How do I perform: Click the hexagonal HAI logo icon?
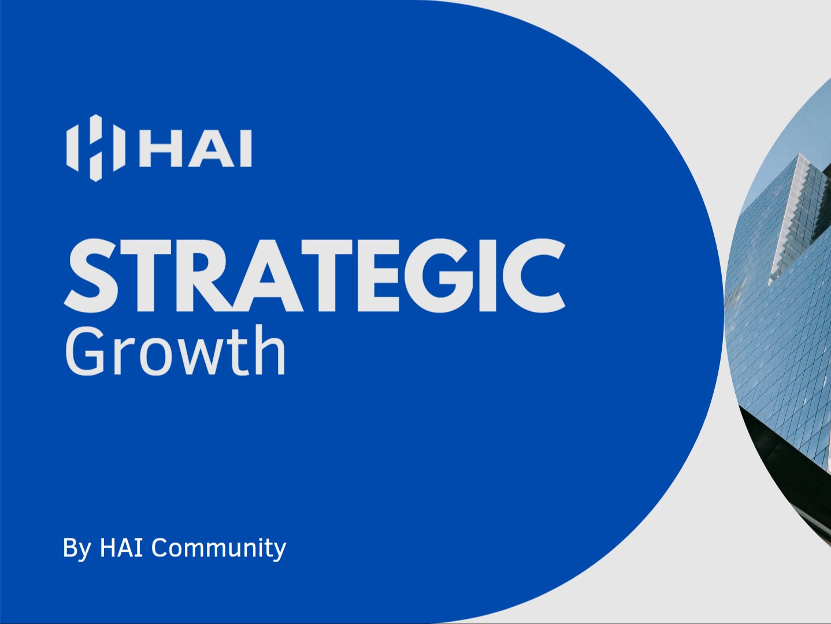coord(95,148)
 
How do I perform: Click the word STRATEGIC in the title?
coord(314,275)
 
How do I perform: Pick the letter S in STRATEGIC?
coord(92,275)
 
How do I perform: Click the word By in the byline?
coord(76,548)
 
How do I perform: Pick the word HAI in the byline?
coord(121,547)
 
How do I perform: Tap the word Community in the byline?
coord(218,548)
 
